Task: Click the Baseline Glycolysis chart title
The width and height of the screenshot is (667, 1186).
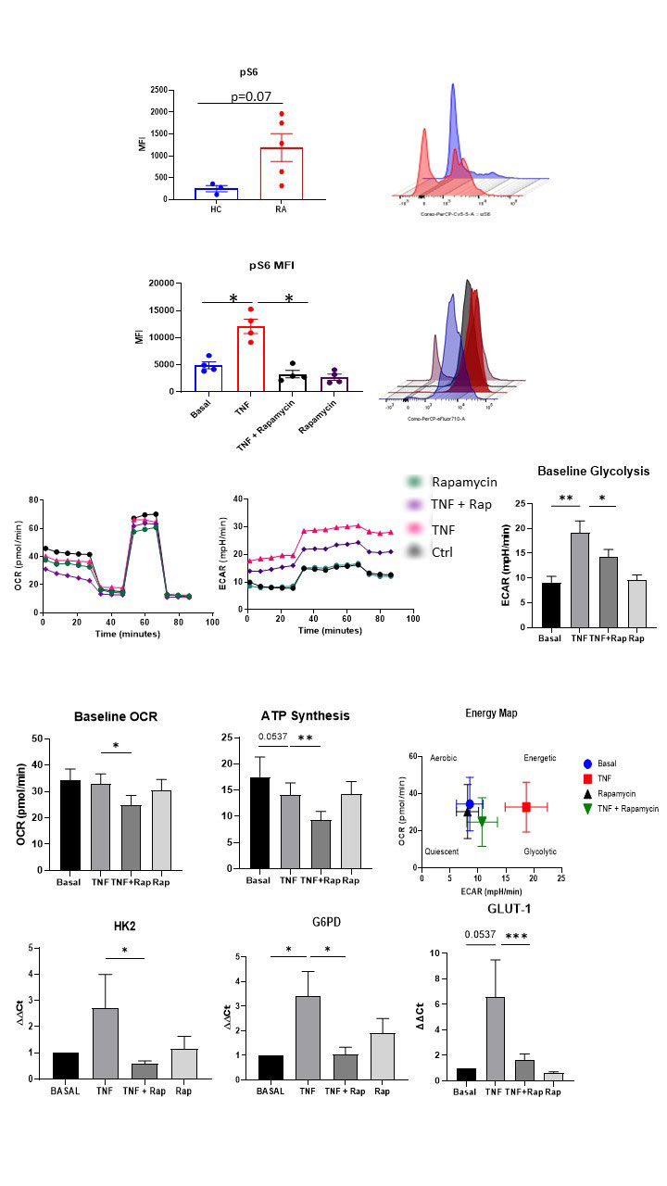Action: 593,472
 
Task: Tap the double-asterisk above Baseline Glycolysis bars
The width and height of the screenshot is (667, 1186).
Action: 565,499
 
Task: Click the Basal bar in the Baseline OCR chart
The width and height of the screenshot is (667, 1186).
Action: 70,825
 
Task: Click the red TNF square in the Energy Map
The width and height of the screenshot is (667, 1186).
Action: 526,807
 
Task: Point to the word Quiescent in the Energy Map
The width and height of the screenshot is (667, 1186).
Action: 442,851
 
